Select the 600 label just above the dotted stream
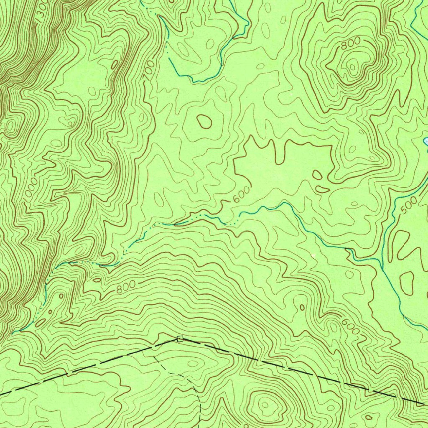coord(241,195)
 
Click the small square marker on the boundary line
coord(180,339)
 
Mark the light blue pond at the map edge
coord(425,141)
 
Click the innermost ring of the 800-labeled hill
coord(354,66)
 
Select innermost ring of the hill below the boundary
coord(265,404)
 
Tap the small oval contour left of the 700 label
coord(114,65)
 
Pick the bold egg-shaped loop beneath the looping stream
coord(204,121)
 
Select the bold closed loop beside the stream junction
coord(407,282)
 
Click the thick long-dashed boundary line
coord(293,368)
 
